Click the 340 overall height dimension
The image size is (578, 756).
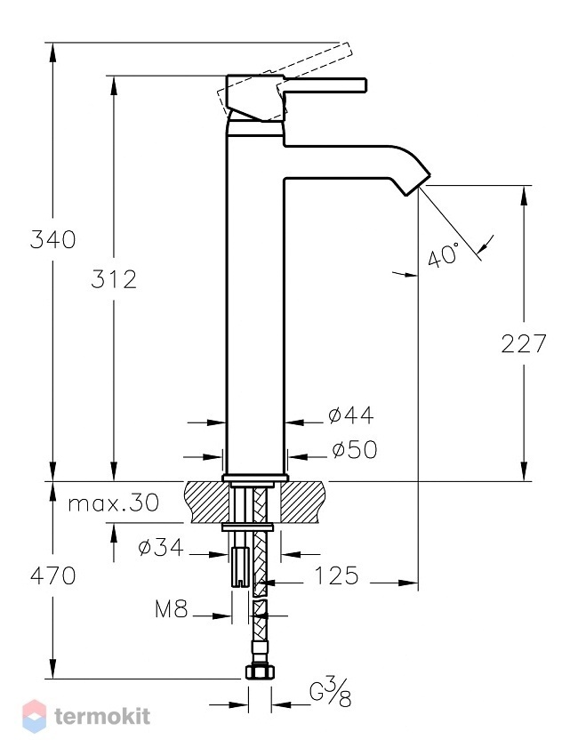[x=52, y=239]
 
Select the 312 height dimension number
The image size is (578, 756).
[x=114, y=279]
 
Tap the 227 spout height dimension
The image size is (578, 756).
[x=524, y=343]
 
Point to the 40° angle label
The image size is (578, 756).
[x=444, y=255]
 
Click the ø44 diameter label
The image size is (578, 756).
[x=351, y=415]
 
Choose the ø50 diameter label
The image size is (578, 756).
[x=354, y=450]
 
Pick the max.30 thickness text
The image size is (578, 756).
[x=113, y=503]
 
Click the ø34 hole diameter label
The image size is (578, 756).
[x=161, y=547]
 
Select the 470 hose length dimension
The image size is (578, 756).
[x=53, y=575]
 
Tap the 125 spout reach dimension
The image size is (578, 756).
[x=336, y=575]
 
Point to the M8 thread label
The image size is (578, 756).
[x=171, y=609]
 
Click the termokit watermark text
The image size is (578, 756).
[x=102, y=717]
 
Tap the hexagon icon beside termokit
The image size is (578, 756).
[x=35, y=717]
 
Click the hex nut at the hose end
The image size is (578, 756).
[x=260, y=672]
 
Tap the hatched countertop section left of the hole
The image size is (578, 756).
[x=205, y=502]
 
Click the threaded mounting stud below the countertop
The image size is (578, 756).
[x=239, y=567]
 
